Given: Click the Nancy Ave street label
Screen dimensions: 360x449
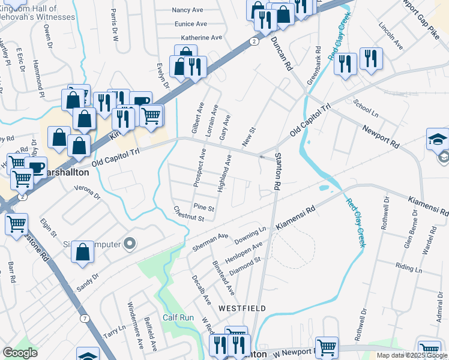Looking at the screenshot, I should [x=188, y=10].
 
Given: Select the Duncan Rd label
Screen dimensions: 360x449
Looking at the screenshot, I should [x=281, y=53].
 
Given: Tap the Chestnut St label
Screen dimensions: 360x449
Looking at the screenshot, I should [x=188, y=214].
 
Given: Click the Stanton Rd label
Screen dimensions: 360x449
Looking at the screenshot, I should [x=278, y=172].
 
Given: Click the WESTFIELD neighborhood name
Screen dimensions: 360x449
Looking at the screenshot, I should [x=242, y=308].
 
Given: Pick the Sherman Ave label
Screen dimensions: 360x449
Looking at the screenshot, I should [x=210, y=242].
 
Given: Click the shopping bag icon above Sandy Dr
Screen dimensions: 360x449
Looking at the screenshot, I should [x=82, y=252].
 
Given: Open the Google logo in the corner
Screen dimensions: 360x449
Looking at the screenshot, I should [x=20, y=353].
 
